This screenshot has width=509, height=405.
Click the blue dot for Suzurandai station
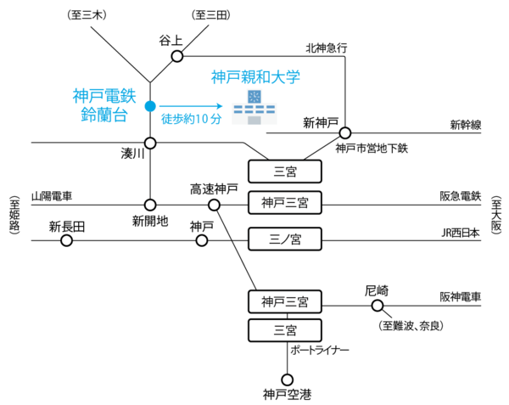coord(150,106)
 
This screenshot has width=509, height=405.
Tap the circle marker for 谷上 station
coord(177,56)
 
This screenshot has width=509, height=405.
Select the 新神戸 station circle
coord(345,132)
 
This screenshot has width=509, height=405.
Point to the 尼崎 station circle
coord(377,303)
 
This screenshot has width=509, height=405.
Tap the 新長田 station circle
coord(66,240)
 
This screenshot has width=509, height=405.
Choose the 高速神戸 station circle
coord(214,205)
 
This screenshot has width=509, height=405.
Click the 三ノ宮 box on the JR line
coord(285,240)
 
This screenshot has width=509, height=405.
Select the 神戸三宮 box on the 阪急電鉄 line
coord(285,203)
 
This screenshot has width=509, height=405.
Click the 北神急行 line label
coord(327,48)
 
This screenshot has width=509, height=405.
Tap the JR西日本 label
coord(461,232)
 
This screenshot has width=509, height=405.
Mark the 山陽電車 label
coord(52,196)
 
